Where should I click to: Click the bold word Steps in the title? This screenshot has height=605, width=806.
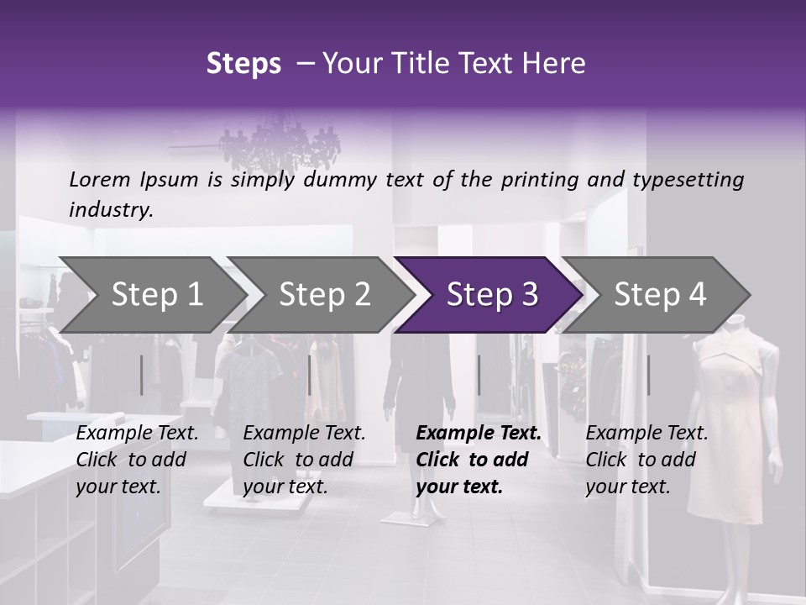243,64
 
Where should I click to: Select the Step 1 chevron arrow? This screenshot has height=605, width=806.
151,295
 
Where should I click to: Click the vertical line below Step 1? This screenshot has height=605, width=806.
142,375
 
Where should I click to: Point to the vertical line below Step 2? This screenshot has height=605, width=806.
310,375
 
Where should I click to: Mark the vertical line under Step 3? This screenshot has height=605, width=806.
479,375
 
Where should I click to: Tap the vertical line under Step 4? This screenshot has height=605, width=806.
648,375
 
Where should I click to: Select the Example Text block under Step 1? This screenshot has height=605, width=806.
137,459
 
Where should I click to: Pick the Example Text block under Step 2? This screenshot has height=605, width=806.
304,459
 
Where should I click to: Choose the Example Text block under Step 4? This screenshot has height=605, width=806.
646,459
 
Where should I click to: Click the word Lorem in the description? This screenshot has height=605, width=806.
100,180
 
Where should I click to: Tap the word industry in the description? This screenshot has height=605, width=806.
110,210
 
